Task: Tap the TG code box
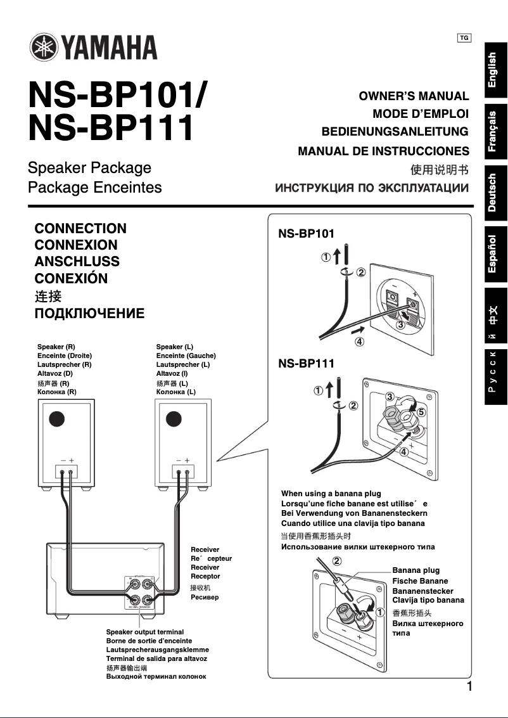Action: click(464, 38)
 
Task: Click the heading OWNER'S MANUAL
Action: click(414, 96)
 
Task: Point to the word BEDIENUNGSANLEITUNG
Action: click(395, 132)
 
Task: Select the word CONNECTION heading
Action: click(80, 229)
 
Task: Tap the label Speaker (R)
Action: click(56, 347)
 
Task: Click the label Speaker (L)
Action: click(174, 347)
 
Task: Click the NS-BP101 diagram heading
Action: click(306, 234)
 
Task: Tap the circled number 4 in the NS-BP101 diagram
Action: click(359, 342)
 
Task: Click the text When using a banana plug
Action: click(331, 493)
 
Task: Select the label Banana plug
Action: click(416, 570)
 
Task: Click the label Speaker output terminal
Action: click(144, 632)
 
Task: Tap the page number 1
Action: click(469, 687)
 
